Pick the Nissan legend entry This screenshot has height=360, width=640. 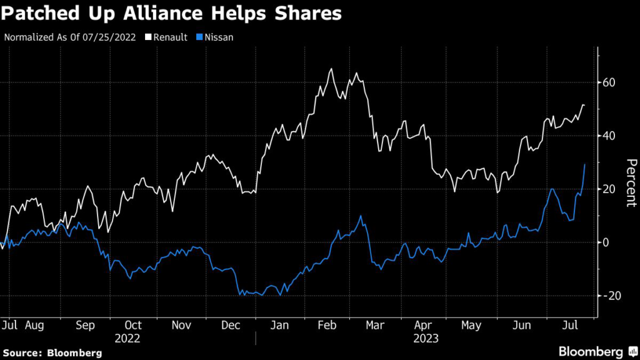click(x=217, y=37)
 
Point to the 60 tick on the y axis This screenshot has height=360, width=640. click(x=609, y=82)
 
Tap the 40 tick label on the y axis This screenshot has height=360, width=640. click(x=609, y=136)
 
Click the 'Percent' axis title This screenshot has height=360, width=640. click(x=631, y=182)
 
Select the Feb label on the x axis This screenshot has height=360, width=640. click(x=327, y=326)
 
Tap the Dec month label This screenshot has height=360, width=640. click(x=231, y=326)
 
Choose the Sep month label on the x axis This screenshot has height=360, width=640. click(x=85, y=326)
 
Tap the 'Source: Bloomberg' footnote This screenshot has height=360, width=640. click(x=51, y=352)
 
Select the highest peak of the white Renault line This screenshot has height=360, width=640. click(x=331, y=69)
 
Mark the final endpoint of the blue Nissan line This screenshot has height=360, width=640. click(x=585, y=164)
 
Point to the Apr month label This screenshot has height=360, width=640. click(x=424, y=326)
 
